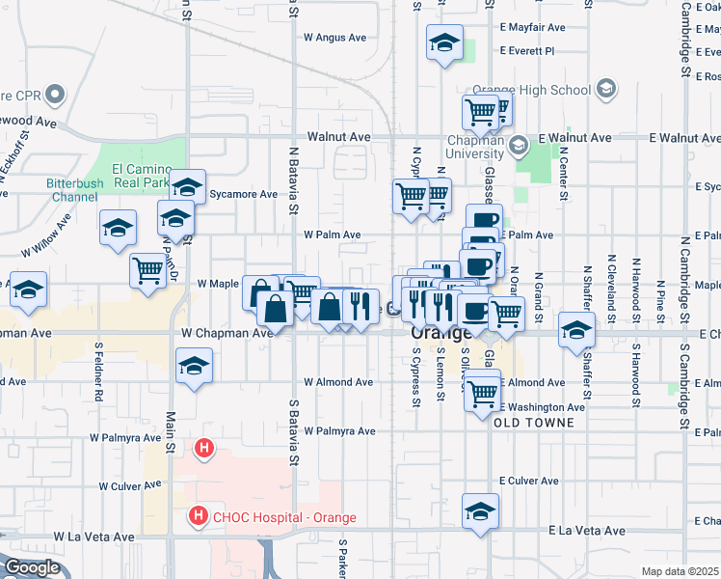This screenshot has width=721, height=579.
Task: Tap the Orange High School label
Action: [546, 91]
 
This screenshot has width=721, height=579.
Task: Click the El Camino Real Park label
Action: [141, 175]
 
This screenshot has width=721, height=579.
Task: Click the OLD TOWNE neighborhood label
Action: [534, 423]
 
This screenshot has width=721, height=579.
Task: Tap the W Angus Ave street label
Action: [335, 38]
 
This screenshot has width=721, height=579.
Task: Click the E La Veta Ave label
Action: [587, 531]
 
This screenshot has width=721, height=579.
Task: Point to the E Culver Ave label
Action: [529, 481]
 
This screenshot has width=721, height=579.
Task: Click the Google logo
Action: [31, 567]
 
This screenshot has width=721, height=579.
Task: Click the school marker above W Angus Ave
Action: [445, 42]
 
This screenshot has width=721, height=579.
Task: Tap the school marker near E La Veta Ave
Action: [480, 510]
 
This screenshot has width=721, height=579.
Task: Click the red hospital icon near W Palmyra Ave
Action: [203, 448]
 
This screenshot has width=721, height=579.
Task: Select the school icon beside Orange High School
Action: [606, 90]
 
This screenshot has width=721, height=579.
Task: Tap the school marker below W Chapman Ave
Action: [194, 367]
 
